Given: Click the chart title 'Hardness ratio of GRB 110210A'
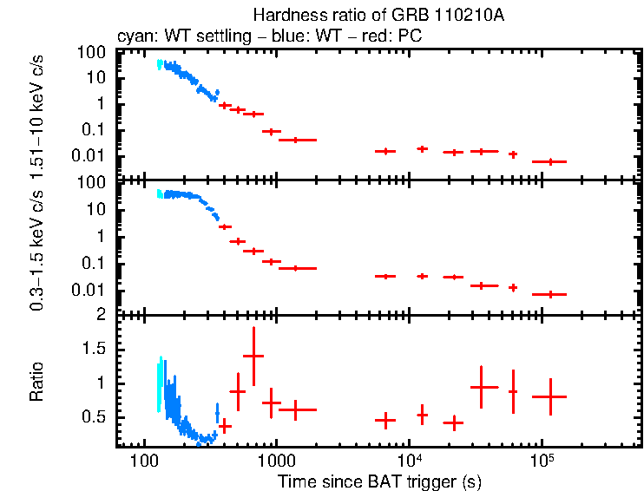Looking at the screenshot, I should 378,15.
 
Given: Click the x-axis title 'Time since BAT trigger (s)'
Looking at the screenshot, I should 378,481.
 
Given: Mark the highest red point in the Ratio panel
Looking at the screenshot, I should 253,356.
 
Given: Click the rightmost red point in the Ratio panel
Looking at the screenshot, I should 549,396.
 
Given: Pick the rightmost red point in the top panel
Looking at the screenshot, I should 549,161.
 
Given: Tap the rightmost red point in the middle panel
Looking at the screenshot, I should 549,294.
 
